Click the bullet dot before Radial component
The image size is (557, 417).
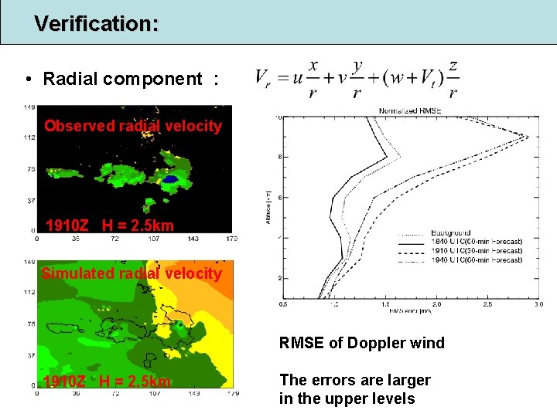point(28,80)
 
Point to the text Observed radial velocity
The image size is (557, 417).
point(133,126)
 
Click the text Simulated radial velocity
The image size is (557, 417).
point(132,273)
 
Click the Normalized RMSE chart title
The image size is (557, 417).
point(410,110)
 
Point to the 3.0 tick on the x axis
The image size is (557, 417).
point(538,305)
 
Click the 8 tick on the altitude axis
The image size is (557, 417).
point(279,157)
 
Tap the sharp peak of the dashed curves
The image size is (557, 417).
point(528,137)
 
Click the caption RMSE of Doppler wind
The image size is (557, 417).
point(361,343)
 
